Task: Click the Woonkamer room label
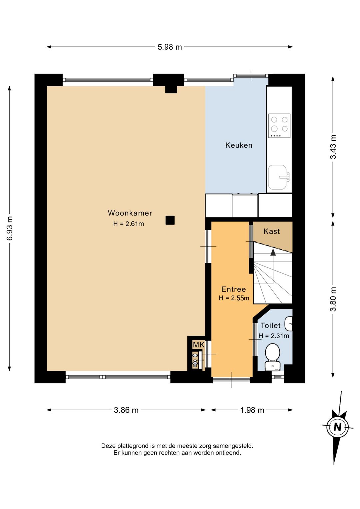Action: tap(130, 213)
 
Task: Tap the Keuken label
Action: tap(239, 145)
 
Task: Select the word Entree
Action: tap(233, 289)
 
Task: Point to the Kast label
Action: tap(271, 231)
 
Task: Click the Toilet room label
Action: tap(271, 326)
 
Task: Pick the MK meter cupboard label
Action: tap(199, 345)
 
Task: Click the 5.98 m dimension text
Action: tap(170, 47)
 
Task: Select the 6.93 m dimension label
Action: tap(10, 228)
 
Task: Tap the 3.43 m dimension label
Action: tap(333, 147)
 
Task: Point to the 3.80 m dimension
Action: tap(333, 299)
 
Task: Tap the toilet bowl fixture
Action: tap(273, 357)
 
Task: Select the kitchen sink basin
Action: tap(277, 177)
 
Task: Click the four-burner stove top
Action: tap(279, 126)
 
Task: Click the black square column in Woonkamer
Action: tap(170, 220)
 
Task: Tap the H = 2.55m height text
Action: tap(234, 298)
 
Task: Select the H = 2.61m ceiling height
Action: tap(129, 224)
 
